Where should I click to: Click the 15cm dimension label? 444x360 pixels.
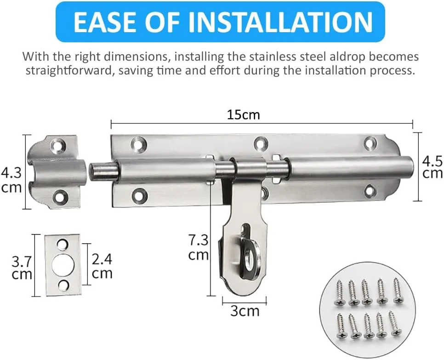tap(243, 115)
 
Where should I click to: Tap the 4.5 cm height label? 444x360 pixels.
tap(433, 167)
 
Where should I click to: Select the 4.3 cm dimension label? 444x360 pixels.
tap(11, 180)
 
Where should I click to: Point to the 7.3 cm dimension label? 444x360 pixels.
tap(199, 247)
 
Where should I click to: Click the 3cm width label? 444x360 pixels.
tap(245, 311)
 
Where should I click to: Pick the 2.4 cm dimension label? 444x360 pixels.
tap(102, 267)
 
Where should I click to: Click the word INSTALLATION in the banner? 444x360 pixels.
tap(280, 22)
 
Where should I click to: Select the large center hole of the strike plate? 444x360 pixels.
tap(63, 265)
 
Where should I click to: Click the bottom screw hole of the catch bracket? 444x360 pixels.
tap(61, 196)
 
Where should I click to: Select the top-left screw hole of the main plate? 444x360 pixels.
tap(139, 143)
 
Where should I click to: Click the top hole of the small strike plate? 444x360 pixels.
tap(63, 244)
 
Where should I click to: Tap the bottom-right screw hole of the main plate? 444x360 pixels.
tap(370, 191)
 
